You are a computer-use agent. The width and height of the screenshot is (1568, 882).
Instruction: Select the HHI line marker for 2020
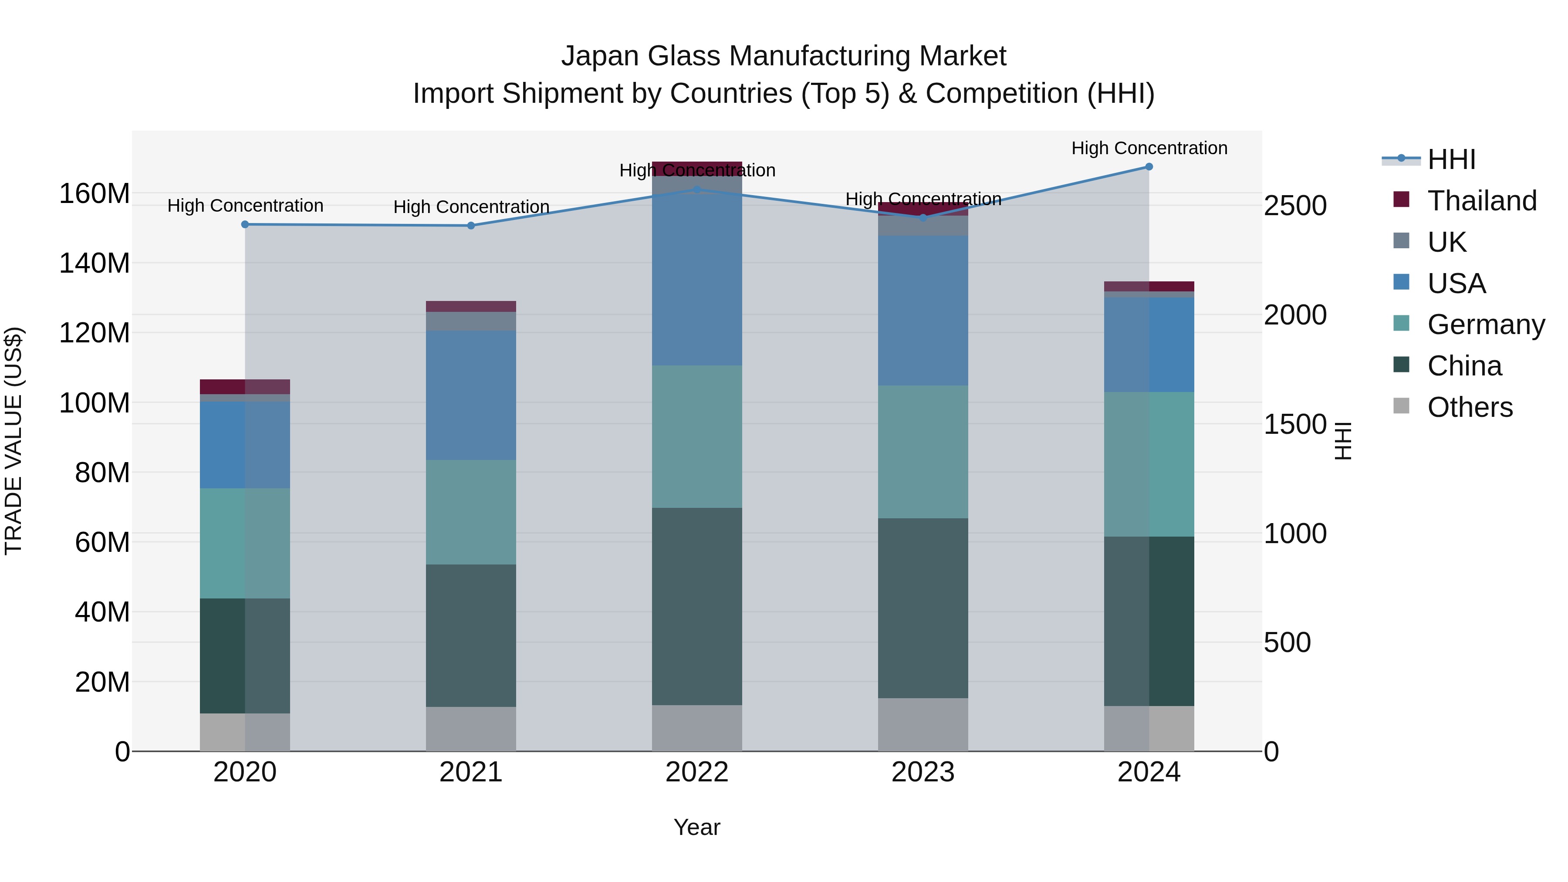point(245,225)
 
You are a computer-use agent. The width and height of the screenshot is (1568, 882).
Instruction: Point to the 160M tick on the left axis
point(95,194)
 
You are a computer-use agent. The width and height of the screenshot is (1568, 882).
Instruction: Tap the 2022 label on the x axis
point(697,772)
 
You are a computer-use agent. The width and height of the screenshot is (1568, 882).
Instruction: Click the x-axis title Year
point(697,827)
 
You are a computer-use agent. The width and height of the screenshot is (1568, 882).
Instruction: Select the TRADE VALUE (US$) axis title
point(14,441)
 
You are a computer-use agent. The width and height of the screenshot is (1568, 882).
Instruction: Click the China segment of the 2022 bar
point(697,606)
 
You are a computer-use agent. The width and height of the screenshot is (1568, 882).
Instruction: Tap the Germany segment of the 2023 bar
point(923,452)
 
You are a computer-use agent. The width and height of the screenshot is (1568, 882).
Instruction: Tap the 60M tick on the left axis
point(102,542)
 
